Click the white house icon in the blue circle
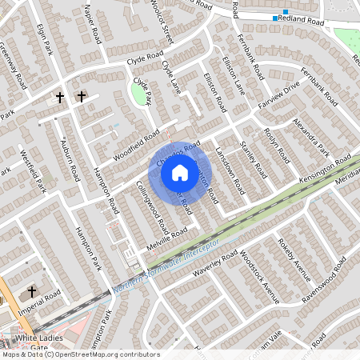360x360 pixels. tap(180, 172)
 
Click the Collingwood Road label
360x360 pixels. tap(150, 201)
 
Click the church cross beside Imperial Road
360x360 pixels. tap(33, 292)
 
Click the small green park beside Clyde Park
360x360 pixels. tap(140, 95)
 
